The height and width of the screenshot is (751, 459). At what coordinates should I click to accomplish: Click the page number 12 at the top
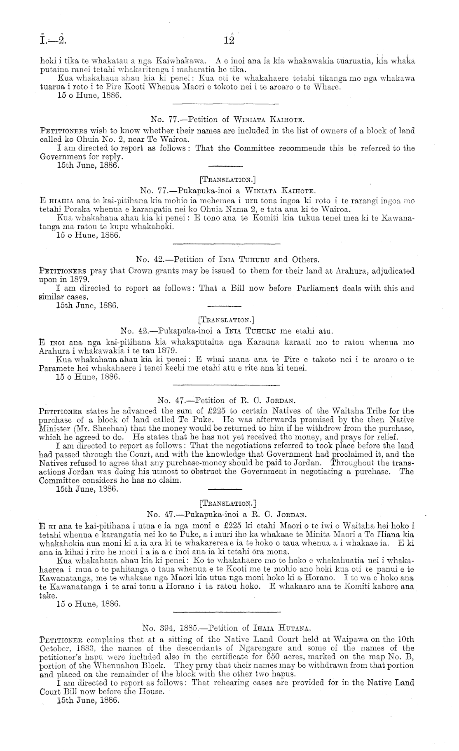tap(229, 40)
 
